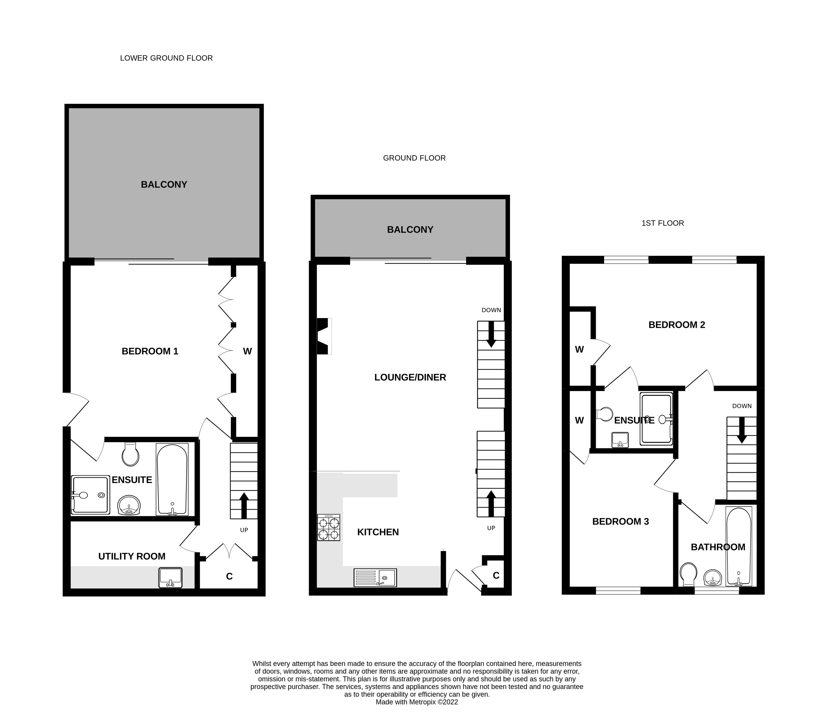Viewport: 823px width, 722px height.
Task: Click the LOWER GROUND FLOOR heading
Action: pyautogui.click(x=166, y=58)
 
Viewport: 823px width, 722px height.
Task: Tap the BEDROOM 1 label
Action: pyautogui.click(x=150, y=351)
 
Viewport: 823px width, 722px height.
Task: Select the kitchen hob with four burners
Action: pyautogui.click(x=329, y=527)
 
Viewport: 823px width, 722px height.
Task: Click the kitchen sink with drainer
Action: pyautogui.click(x=375, y=577)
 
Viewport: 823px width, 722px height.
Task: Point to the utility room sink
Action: pyautogui.click(x=170, y=577)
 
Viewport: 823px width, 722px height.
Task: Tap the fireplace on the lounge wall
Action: pyautogui.click(x=323, y=336)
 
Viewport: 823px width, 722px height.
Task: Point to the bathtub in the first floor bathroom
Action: pyautogui.click(x=739, y=546)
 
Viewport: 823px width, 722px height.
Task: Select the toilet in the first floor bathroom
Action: pyautogui.click(x=688, y=574)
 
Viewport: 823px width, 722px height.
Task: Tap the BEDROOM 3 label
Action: pyautogui.click(x=620, y=522)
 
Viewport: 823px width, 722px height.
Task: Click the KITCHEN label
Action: pyautogui.click(x=378, y=532)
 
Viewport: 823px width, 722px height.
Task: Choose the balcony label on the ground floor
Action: pyautogui.click(x=410, y=230)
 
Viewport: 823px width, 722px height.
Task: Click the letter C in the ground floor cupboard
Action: pyautogui.click(x=496, y=575)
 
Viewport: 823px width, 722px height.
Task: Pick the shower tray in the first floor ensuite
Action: pyautogui.click(x=656, y=419)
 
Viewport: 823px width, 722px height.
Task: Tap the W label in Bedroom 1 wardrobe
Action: pyautogui.click(x=247, y=351)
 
